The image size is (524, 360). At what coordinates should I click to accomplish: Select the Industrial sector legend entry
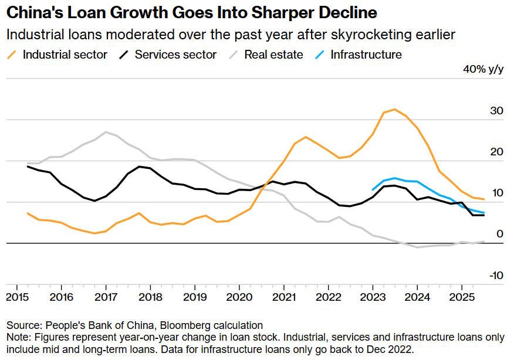[x=57, y=55]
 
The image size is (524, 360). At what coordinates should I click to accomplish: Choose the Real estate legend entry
[x=266, y=55]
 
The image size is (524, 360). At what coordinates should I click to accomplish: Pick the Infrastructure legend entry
[x=359, y=55]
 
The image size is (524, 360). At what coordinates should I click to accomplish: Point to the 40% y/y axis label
[x=484, y=69]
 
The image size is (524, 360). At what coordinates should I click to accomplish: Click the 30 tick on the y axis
[x=496, y=111]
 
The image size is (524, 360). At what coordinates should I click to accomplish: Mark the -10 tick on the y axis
[x=496, y=276]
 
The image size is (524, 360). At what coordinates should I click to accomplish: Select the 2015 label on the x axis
[x=18, y=297]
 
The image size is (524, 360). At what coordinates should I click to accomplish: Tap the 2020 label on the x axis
[x=239, y=297]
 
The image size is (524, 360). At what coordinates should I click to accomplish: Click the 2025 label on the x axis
[x=462, y=297]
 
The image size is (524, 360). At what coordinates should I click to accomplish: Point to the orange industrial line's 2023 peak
[x=395, y=109]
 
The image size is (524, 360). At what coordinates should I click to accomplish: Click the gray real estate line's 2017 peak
[x=106, y=132]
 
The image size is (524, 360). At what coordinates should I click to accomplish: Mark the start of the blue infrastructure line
[x=373, y=190]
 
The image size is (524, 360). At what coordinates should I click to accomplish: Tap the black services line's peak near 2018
[x=139, y=167]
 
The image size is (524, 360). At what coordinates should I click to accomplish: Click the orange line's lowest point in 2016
[x=94, y=233]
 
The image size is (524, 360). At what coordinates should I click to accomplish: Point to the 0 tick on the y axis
[x=500, y=234]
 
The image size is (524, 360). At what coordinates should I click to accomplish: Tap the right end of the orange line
[x=484, y=199]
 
